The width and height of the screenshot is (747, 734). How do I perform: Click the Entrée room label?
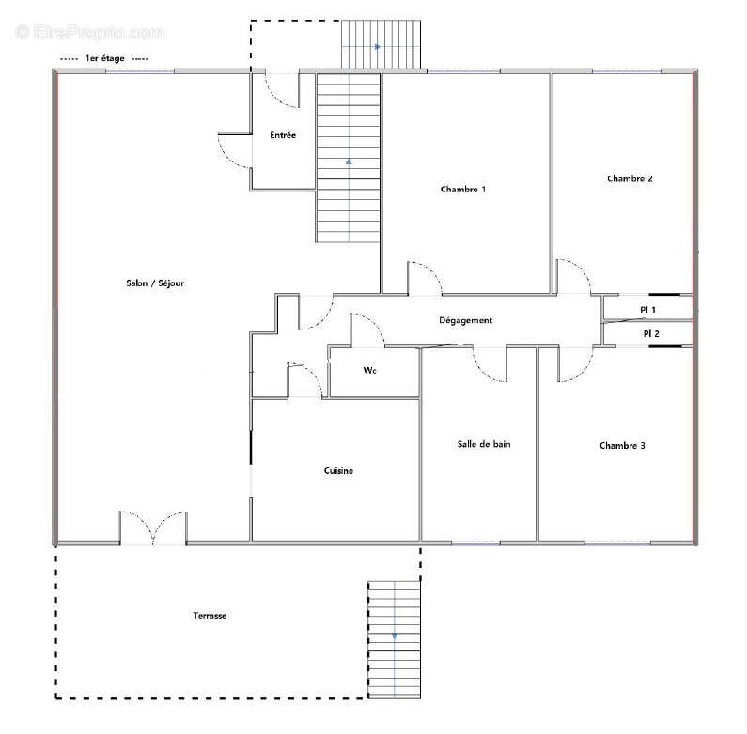click(283, 135)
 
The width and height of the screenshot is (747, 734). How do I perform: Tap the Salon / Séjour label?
click(155, 283)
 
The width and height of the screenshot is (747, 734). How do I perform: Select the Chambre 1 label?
click(463, 190)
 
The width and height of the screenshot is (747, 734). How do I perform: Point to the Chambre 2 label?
click(630, 179)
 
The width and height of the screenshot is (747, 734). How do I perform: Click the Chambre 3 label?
click(622, 446)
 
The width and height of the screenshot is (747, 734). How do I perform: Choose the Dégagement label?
click(465, 320)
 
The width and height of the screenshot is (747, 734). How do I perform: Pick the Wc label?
click(369, 371)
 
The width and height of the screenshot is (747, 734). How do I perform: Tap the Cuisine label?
click(338, 471)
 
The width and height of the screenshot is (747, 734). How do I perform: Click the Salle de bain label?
click(484, 444)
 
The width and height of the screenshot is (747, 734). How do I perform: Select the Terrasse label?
click(210, 616)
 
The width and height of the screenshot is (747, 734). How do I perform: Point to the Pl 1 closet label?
click(647, 310)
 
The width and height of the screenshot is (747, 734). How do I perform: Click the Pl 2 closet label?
click(651, 334)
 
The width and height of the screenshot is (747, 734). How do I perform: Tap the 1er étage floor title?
click(105, 58)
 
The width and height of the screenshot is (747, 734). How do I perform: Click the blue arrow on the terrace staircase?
click(395, 636)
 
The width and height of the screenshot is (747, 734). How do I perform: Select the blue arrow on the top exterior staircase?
click(378, 47)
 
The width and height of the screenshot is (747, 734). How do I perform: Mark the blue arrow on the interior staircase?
click(349, 161)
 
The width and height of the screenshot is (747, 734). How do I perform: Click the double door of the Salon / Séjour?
click(153, 528)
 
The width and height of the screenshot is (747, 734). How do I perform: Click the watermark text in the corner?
click(90, 32)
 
